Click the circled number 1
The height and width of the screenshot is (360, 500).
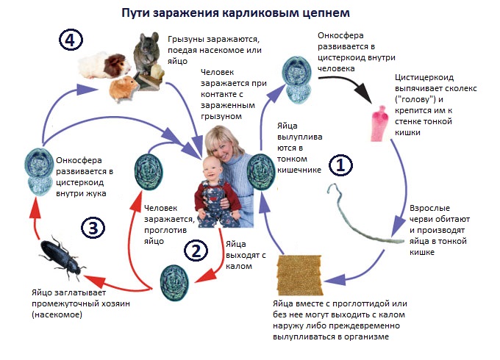tap(340, 165)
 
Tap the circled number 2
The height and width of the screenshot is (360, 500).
tap(196, 251)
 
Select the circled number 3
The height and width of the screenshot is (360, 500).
tap(93, 228)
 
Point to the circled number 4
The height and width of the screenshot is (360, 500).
tap(71, 40)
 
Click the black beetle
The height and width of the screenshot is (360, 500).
tap(61, 256)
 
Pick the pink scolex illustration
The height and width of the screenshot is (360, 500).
tap(380, 123)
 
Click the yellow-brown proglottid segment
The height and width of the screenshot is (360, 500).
tap(299, 275)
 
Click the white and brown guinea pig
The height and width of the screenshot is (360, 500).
tap(104, 65)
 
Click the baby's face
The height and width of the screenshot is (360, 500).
tap(213, 168)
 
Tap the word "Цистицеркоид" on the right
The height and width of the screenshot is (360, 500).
tap(424, 77)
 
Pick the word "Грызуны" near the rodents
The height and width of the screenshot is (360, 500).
tap(185, 40)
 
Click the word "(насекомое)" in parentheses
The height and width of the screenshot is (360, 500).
tap(57, 314)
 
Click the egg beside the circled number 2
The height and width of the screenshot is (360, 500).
tap(174, 283)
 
